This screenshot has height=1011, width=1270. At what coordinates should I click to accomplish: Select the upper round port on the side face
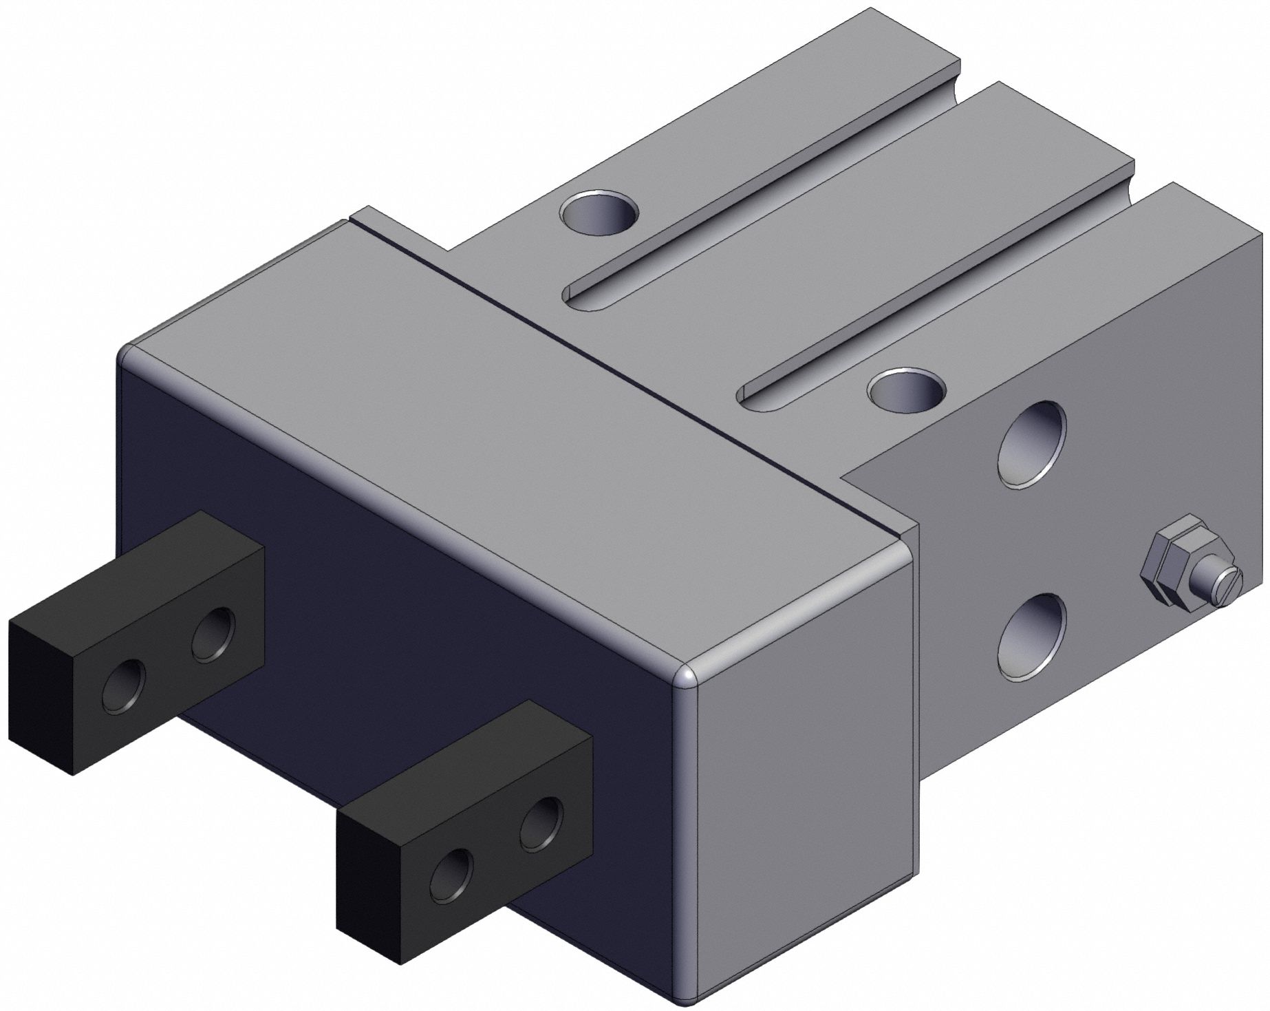tap(1033, 445)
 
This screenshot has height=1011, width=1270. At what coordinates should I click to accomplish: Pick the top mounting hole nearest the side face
tap(906, 392)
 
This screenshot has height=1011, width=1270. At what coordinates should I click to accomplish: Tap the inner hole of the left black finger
tap(213, 634)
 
